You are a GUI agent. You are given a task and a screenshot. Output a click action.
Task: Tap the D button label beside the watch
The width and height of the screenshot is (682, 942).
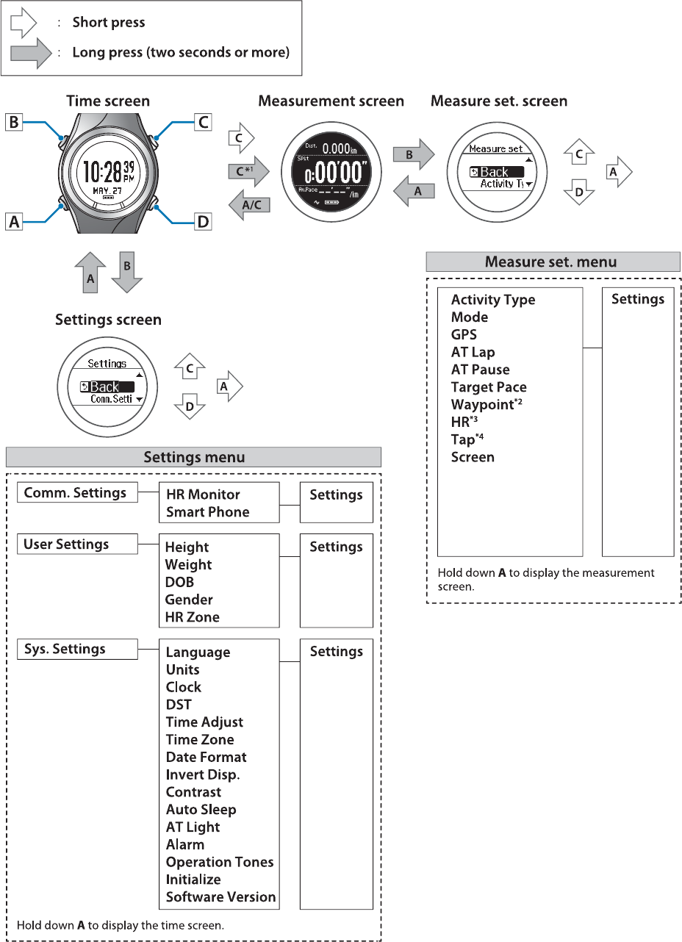[x=203, y=220]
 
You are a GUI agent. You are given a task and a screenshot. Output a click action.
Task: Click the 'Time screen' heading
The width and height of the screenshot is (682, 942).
[x=108, y=101]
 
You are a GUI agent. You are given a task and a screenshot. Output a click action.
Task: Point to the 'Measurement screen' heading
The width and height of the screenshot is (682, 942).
[x=331, y=101]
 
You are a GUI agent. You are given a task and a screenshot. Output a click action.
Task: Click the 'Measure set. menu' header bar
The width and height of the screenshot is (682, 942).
[x=553, y=262]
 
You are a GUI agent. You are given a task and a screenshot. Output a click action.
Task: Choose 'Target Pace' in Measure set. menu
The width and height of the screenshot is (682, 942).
[x=489, y=387]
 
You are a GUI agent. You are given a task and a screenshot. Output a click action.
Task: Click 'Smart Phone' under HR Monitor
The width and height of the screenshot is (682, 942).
[x=207, y=512]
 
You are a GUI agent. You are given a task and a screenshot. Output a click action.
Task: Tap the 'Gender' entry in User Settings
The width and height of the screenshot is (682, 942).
[x=189, y=600]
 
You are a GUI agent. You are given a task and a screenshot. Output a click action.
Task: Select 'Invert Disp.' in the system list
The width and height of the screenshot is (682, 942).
[x=203, y=774]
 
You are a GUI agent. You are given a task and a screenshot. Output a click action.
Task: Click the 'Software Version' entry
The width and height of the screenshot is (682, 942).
[x=220, y=897]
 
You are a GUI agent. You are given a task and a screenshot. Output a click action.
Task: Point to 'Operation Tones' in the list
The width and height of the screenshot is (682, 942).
[x=220, y=862]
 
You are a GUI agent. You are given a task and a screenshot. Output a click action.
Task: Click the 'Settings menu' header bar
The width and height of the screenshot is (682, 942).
[x=193, y=457]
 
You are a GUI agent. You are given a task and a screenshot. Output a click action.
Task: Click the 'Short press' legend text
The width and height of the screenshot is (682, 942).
[x=109, y=22]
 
